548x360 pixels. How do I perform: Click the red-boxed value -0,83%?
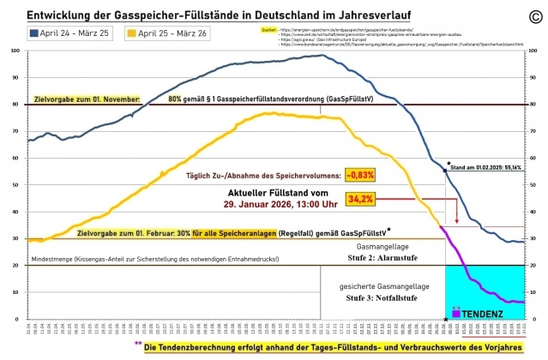pos(361,175)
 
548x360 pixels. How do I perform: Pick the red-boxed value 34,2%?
pos(361,199)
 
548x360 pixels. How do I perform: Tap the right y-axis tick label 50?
pos(535,184)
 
